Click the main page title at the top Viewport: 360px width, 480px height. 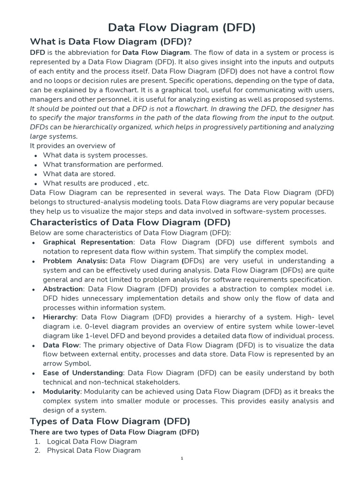click(182, 28)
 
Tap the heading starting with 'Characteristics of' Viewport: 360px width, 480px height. click(130, 222)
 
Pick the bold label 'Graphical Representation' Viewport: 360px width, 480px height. click(88, 242)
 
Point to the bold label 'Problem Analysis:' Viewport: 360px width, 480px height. click(75, 261)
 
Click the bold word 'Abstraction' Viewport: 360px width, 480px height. click(63, 289)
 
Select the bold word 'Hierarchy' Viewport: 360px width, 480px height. click(60, 317)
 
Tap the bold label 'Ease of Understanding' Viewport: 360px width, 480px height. click(83, 373)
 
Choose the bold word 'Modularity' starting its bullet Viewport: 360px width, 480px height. click(62, 391)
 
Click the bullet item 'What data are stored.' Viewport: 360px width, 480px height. click(79, 174)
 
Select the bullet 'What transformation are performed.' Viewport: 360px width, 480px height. click(103, 165)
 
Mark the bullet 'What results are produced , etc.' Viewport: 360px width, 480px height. click(96, 183)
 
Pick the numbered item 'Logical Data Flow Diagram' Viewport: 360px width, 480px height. click(92, 441)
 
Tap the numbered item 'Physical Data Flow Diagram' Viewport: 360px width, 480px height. click(94, 450)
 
